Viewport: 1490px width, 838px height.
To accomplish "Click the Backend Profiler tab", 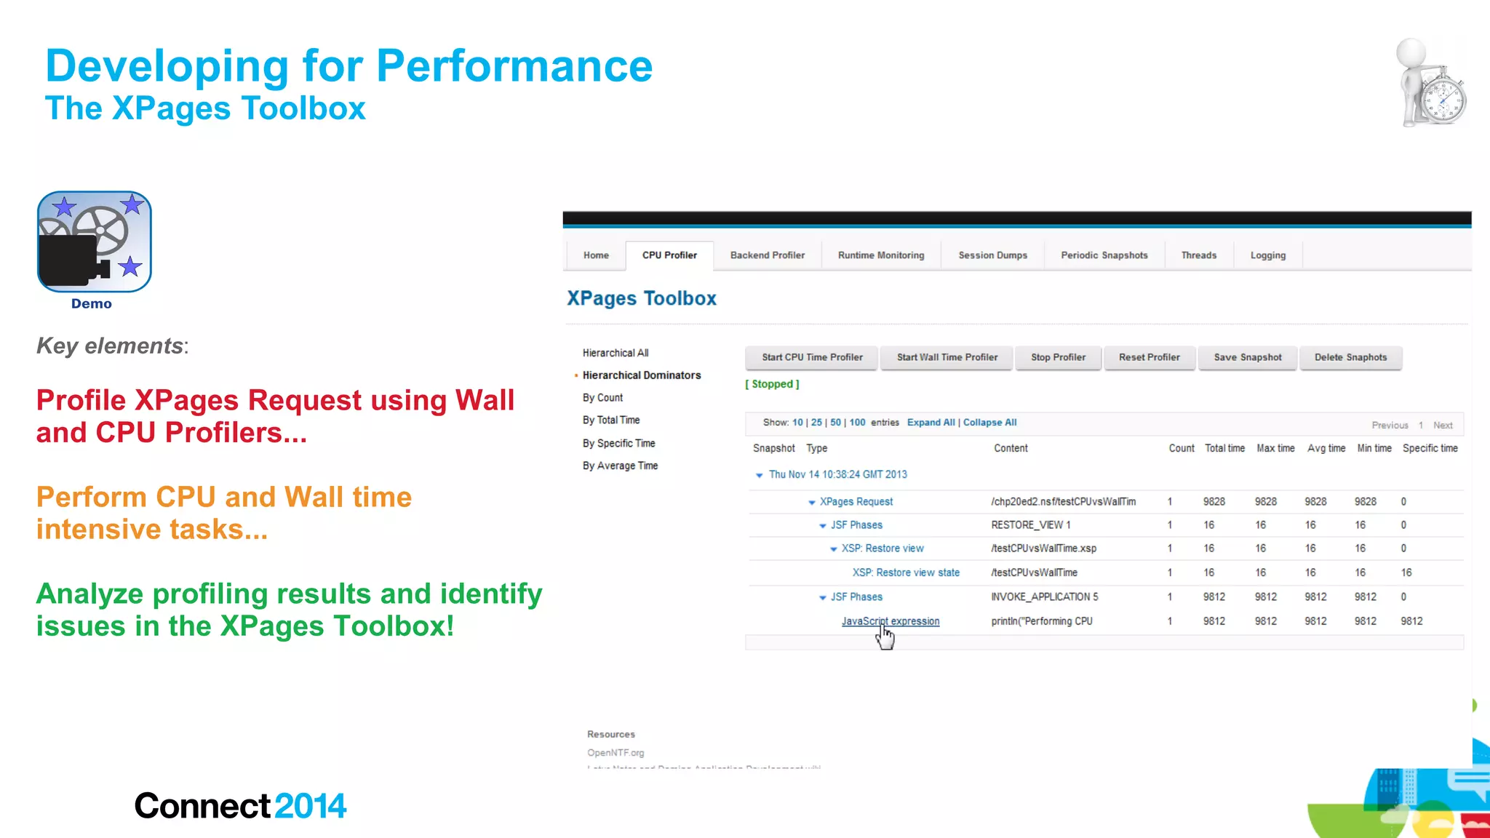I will (767, 255).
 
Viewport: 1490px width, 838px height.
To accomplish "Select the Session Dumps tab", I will (992, 255).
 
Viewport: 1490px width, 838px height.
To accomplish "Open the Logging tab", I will (1267, 255).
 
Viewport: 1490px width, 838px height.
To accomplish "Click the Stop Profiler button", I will (1058, 357).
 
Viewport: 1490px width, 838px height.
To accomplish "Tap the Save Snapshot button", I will (1247, 357).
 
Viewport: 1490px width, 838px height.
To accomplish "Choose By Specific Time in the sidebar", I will (618, 443).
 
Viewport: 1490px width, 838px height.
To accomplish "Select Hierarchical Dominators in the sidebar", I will (641, 375).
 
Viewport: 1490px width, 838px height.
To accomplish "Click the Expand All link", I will (931, 423).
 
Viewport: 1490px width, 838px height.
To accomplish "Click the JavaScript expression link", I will (890, 621).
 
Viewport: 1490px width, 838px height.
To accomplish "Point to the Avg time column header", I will (1326, 448).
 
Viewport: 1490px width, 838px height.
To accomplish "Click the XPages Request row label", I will (856, 502).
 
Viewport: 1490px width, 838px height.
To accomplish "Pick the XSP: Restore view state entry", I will (906, 572).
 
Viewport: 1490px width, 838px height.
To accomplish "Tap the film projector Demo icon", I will (94, 242).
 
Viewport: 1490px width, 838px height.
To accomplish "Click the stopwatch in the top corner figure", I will (1443, 100).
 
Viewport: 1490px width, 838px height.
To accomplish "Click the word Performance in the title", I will (514, 66).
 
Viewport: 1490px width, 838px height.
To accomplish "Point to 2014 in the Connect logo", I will (310, 806).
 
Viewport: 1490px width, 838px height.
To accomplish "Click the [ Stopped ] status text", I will (772, 384).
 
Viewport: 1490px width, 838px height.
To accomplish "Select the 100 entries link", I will (857, 423).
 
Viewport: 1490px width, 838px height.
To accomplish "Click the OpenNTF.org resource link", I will (615, 753).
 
